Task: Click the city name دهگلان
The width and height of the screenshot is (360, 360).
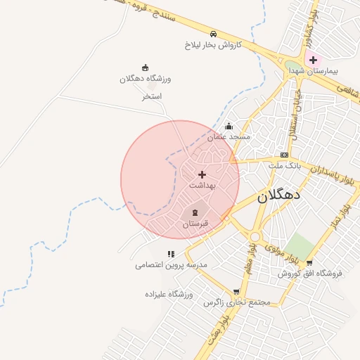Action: click(278, 196)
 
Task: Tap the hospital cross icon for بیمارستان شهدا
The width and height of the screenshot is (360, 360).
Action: click(313, 60)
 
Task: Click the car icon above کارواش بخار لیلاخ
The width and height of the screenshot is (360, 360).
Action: click(213, 34)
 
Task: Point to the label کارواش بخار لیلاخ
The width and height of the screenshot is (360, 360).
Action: click(213, 44)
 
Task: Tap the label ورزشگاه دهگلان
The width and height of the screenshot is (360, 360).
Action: click(146, 79)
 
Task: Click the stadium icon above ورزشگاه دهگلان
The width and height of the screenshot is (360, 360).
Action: click(146, 67)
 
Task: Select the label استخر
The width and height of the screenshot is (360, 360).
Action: click(153, 96)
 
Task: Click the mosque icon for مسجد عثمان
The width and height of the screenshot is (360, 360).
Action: click(229, 127)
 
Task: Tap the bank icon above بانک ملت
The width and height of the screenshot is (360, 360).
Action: click(284, 155)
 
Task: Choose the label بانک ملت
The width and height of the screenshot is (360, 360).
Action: click(284, 165)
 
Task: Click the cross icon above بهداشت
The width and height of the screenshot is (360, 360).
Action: click(202, 174)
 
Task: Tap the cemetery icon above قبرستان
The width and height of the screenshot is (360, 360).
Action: click(195, 212)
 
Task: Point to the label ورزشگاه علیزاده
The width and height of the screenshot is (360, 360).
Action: click(169, 293)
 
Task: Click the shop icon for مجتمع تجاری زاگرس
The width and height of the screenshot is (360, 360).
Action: click(236, 291)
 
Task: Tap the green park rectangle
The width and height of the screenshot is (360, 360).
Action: click(300, 247)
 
